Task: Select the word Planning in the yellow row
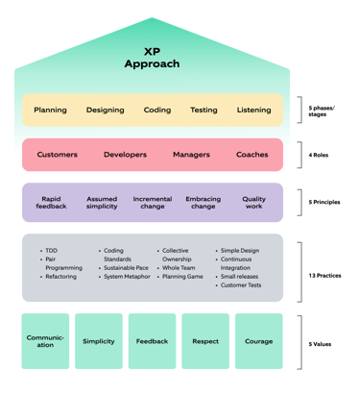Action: click(51, 111)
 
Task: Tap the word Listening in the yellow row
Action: click(253, 111)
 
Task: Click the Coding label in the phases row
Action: click(157, 111)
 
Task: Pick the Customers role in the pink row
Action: click(58, 155)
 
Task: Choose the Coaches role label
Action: click(252, 155)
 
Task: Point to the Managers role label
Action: click(191, 155)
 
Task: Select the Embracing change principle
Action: click(204, 204)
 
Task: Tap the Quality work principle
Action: click(254, 204)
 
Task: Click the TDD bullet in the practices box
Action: click(51, 252)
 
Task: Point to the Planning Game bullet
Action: click(183, 277)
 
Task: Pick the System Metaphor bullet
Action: click(126, 277)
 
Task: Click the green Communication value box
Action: click(46, 341)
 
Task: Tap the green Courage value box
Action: click(258, 341)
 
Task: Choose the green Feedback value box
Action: click(152, 341)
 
